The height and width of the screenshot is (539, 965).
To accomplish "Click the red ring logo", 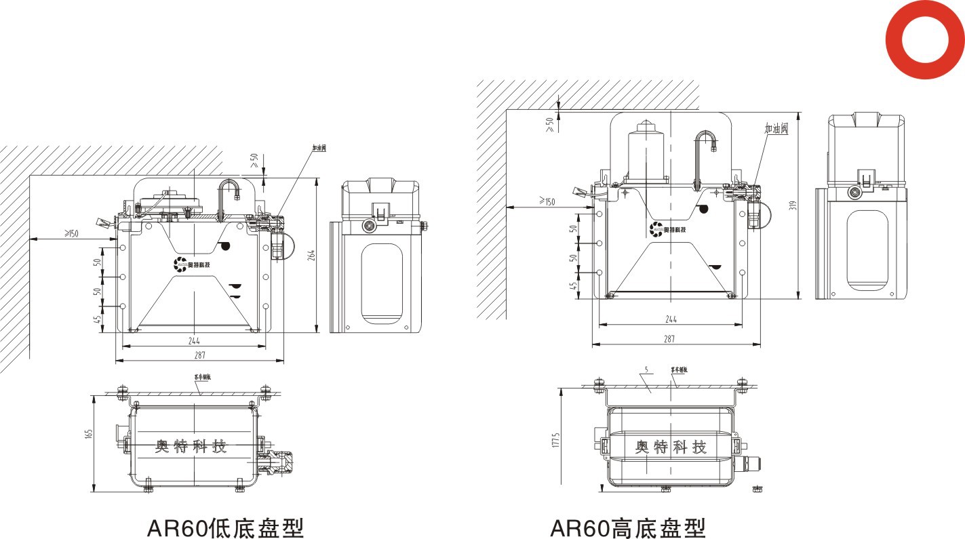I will coord(925,39).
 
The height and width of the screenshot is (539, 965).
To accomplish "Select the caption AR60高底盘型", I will coord(628,527).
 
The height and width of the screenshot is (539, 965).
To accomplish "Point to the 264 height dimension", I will coord(311,255).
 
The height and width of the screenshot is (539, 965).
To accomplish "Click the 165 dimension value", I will coord(88,435).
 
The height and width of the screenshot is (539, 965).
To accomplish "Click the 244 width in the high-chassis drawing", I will coord(670,319).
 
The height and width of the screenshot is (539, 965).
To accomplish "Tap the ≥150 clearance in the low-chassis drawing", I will coord(71,234).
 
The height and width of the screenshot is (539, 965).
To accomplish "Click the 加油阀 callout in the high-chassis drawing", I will coord(775,129).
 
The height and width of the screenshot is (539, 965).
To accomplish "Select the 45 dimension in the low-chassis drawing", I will coord(98,319).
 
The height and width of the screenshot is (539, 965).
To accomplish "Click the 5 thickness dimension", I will coord(646,370).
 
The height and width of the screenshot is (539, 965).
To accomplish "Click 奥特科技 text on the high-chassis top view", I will coord(670,447).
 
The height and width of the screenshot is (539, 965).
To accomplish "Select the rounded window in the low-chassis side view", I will coord(382,283).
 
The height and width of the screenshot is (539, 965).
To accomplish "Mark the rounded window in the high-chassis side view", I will coord(867,250).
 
